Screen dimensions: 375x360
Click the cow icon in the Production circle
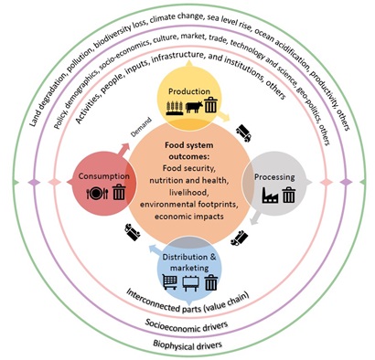(194, 107)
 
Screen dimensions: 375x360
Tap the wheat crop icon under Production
(175, 108)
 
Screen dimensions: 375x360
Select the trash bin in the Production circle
(211, 106)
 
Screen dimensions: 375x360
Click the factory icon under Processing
(270, 196)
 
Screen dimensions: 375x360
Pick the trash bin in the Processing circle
(288, 195)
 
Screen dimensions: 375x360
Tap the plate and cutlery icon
(97, 194)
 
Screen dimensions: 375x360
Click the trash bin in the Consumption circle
(119, 193)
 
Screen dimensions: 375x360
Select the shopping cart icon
(170, 281)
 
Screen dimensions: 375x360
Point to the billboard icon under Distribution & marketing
(190, 283)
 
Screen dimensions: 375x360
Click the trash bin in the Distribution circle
(211, 282)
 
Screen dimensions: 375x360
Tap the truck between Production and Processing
(244, 132)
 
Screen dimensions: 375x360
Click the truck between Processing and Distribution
(240, 238)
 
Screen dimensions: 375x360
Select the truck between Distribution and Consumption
(133, 232)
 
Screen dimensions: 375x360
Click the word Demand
(141, 127)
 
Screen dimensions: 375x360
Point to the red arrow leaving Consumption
(123, 150)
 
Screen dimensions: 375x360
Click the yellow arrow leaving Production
(224, 117)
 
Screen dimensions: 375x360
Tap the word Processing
(274, 177)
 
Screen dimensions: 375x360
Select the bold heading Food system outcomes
(189, 151)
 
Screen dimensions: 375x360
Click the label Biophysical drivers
(187, 345)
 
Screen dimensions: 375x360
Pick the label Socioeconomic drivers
(187, 326)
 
